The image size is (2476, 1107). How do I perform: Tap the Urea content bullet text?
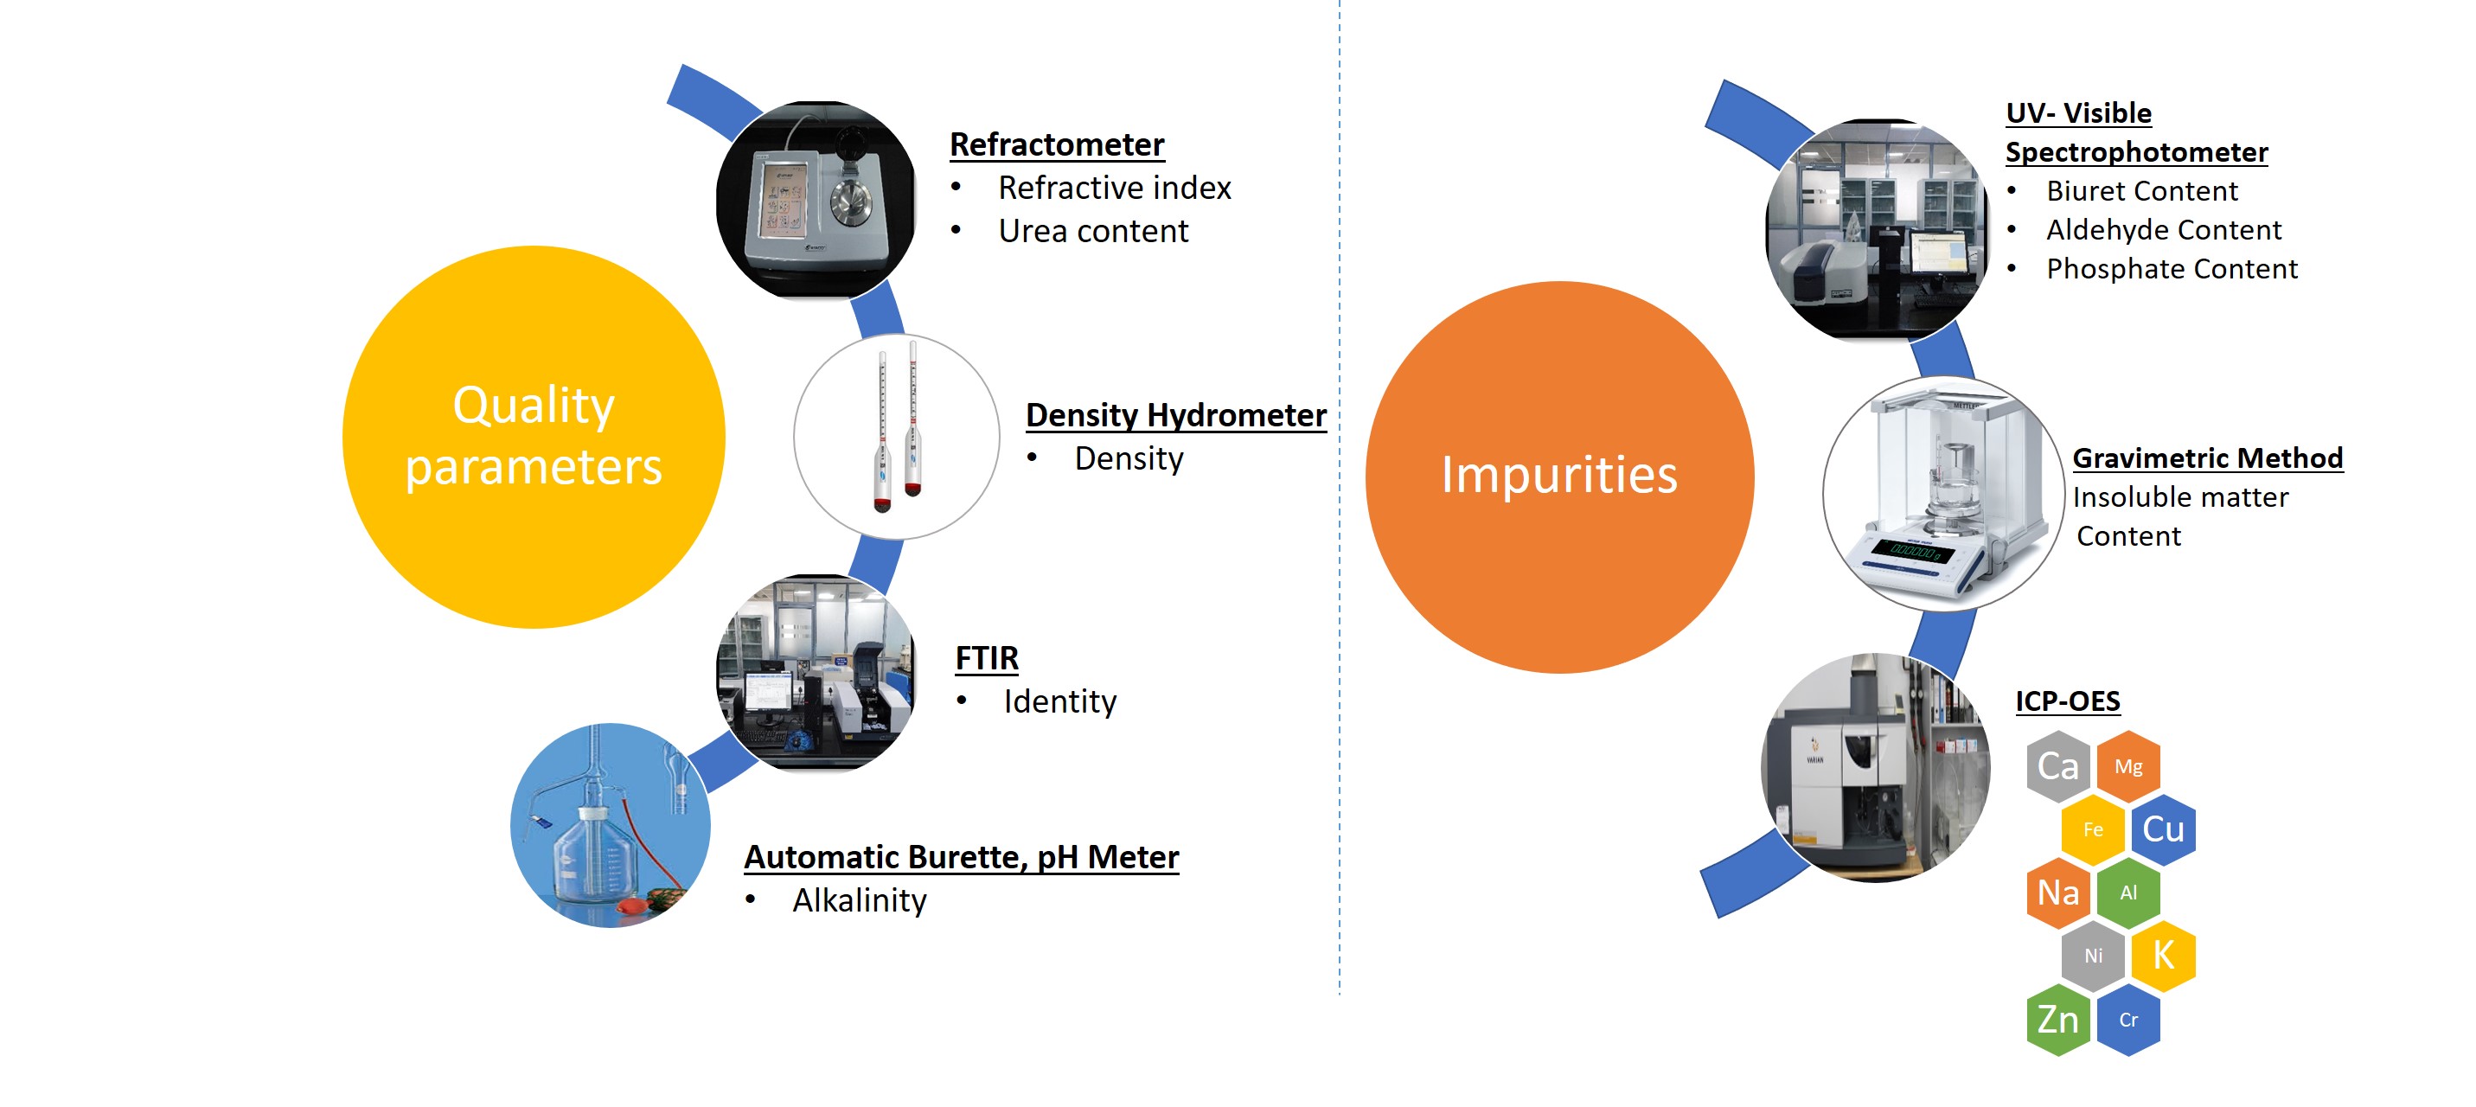pyautogui.click(x=1093, y=232)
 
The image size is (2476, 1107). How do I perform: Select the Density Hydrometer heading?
pyautogui.click(x=1175, y=415)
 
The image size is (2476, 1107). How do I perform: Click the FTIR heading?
pyautogui.click(x=986, y=658)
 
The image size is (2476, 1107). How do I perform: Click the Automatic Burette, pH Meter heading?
pyautogui.click(x=961, y=857)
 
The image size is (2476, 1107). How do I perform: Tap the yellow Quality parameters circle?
pyautogui.click(x=534, y=438)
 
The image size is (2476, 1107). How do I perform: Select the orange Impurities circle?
pyautogui.click(x=1559, y=477)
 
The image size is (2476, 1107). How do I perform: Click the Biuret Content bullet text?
pyautogui.click(x=2141, y=191)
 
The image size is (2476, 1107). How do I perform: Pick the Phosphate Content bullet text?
pyautogui.click(x=2172, y=269)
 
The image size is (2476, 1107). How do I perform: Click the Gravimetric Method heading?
pyautogui.click(x=2207, y=458)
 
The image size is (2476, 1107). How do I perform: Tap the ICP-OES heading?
pyautogui.click(x=2068, y=701)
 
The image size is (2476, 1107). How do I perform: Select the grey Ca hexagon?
pyautogui.click(x=2058, y=766)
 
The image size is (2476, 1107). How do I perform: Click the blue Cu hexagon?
pyautogui.click(x=2163, y=829)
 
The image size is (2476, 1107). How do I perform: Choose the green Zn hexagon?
pyautogui.click(x=2058, y=1020)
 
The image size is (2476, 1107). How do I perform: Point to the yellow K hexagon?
pyautogui.click(x=2163, y=955)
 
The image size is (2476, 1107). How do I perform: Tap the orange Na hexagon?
pyautogui.click(x=2058, y=893)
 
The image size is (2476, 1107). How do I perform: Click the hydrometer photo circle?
pyautogui.click(x=896, y=438)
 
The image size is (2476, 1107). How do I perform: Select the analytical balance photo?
pyautogui.click(x=1942, y=494)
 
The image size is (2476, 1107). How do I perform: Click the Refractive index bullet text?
pyautogui.click(x=1114, y=189)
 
